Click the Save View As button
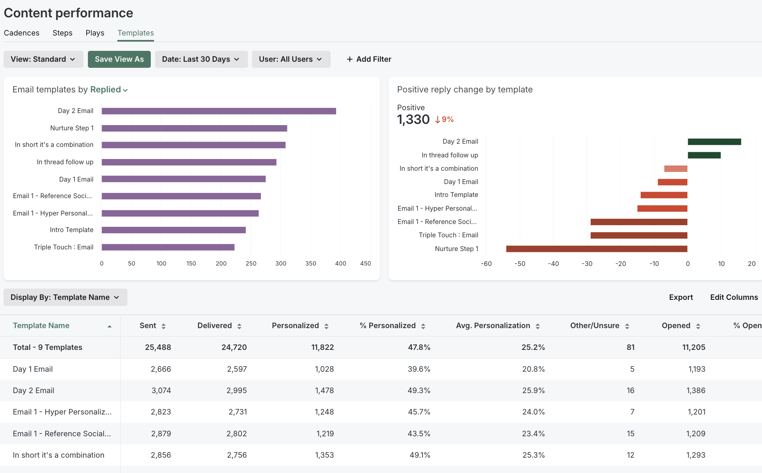pos(119,59)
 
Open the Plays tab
pos(95,33)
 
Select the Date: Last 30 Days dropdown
pos(201,59)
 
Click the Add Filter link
pos(369,59)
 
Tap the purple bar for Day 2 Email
pos(219,111)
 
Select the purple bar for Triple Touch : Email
pos(168,247)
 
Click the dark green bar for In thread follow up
pos(704,155)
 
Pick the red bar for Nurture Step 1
pos(596,249)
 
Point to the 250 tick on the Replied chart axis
pos(251,264)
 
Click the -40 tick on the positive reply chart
pos(553,264)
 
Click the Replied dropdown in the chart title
pos(109,90)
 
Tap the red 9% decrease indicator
pos(444,119)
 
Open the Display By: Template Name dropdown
pos(65,297)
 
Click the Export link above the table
pos(681,297)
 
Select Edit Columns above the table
pos(734,297)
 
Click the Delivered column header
pos(214,326)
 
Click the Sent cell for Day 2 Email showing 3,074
pos(161,391)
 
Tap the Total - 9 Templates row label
pos(48,347)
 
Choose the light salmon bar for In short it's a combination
pos(675,169)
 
